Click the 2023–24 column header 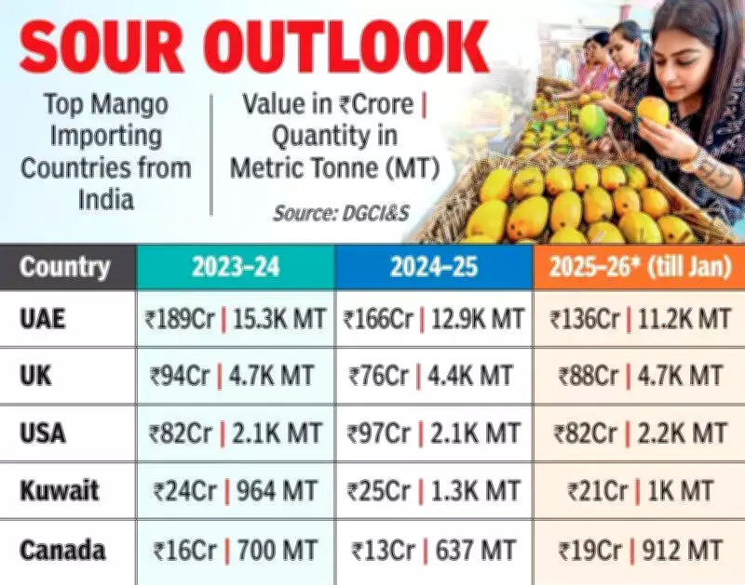[x=235, y=268]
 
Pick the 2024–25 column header [x=434, y=268]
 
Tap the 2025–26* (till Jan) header [x=640, y=268]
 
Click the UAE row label [x=44, y=319]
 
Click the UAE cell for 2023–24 [x=235, y=319]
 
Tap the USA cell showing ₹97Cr [x=433, y=432]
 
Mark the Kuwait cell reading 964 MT [x=235, y=490]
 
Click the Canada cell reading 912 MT [x=640, y=550]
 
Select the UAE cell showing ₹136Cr [x=640, y=319]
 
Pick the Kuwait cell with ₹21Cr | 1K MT [x=640, y=490]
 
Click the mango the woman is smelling [x=652, y=113]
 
